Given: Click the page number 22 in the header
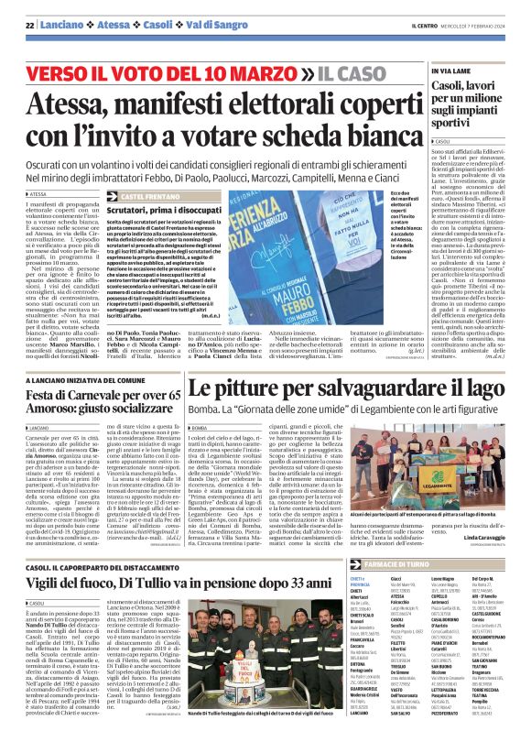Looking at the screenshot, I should [29, 25].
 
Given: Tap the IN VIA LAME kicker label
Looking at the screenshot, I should [450, 70].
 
